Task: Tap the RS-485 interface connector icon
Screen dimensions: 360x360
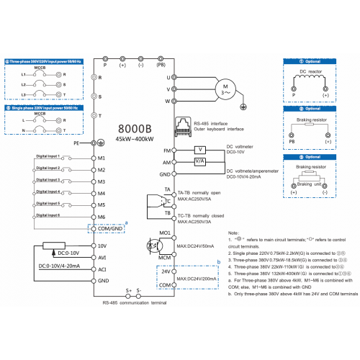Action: coord(181,126)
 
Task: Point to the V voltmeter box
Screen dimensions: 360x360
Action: coord(200,150)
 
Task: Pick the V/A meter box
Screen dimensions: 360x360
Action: coord(200,162)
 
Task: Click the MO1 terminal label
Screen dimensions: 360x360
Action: coord(163,233)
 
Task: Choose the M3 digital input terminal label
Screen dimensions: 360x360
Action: coord(102,182)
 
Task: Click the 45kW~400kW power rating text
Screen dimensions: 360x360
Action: coord(133,139)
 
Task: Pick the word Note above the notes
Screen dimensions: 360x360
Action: coord(233,213)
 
